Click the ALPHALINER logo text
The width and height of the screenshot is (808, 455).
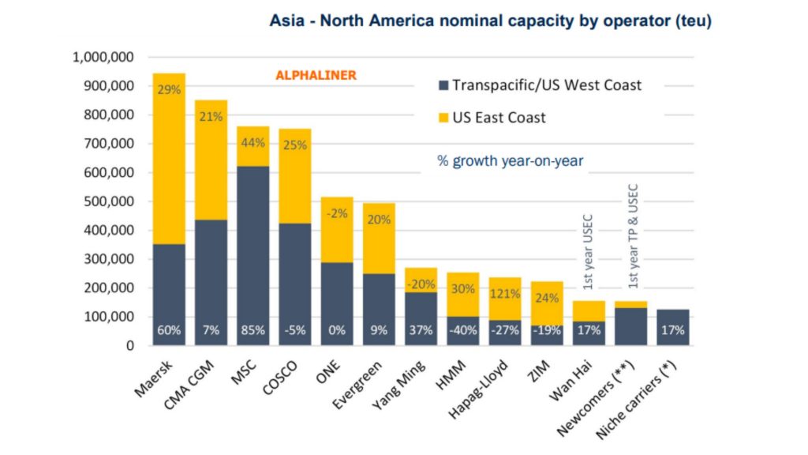click(x=316, y=75)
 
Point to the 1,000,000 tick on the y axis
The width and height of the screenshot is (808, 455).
click(x=103, y=57)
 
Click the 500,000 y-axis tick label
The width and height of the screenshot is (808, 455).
click(x=108, y=201)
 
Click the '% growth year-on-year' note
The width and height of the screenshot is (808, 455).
click(x=510, y=160)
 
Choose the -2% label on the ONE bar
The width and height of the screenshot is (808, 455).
click(x=337, y=212)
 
